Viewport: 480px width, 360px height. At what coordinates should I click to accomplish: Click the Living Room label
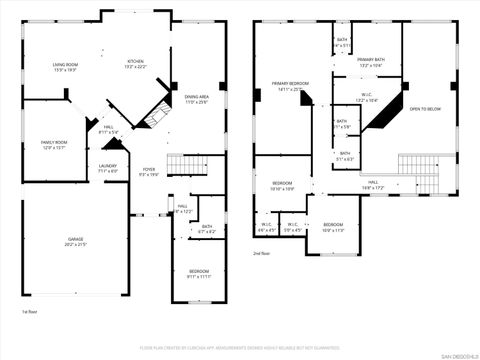66,67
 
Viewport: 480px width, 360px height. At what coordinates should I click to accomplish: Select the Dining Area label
196,98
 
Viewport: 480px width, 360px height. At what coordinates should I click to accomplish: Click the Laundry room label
108,168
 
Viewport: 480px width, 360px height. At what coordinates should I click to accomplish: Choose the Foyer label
148,171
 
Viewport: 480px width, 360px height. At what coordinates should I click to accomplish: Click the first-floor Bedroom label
200,273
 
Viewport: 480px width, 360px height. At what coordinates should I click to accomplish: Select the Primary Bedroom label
291,85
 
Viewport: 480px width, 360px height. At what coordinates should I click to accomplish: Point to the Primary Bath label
371,63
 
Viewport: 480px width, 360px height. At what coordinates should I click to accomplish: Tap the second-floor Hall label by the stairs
371,184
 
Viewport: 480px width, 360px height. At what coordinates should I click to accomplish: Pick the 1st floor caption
30,311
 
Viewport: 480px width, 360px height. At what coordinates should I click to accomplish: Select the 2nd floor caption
263,254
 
